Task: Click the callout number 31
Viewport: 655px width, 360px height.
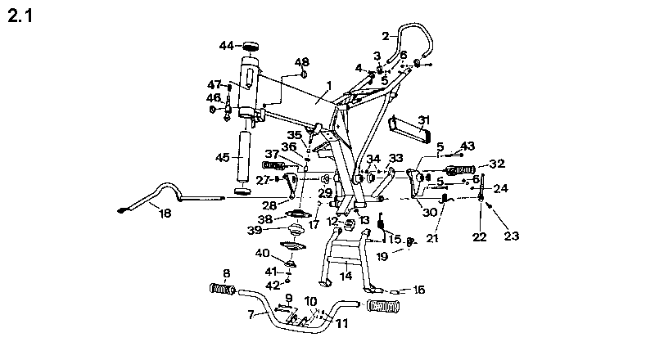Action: [423, 120]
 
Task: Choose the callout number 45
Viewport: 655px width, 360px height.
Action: [222, 156]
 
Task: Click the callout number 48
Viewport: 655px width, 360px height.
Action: [301, 62]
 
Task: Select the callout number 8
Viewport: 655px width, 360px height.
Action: [226, 274]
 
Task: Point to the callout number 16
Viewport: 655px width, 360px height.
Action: [419, 290]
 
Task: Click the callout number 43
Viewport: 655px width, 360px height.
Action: [468, 146]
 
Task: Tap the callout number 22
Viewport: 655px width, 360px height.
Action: [480, 237]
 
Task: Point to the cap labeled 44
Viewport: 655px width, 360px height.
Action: [251, 46]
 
